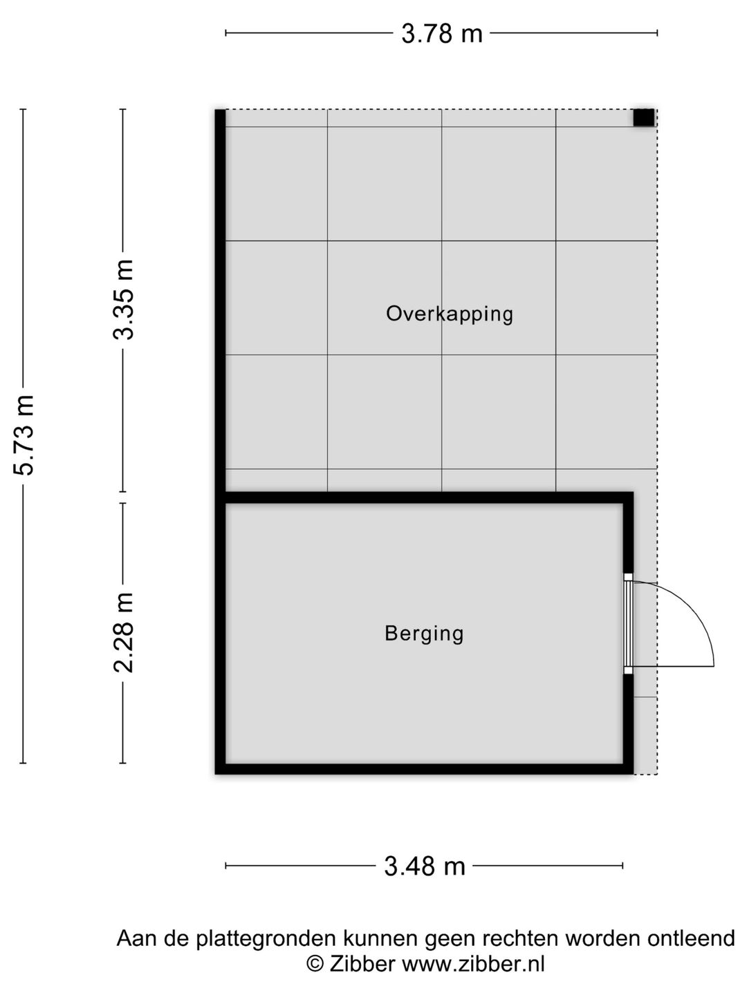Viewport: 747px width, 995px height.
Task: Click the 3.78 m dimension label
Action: [441, 33]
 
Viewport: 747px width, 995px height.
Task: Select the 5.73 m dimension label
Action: [25, 435]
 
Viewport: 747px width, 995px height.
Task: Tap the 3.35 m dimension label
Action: [124, 300]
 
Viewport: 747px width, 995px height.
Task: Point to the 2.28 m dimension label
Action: [124, 633]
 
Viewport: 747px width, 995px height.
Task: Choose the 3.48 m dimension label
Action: [424, 866]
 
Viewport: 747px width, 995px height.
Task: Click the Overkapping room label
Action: [450, 314]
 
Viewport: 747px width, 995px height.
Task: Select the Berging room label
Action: [424, 633]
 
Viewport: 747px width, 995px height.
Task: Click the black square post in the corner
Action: [643, 118]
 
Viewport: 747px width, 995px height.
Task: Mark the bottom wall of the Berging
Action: [424, 768]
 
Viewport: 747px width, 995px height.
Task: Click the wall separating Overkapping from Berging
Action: [424, 497]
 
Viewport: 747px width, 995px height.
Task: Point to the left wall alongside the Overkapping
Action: [220, 297]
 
